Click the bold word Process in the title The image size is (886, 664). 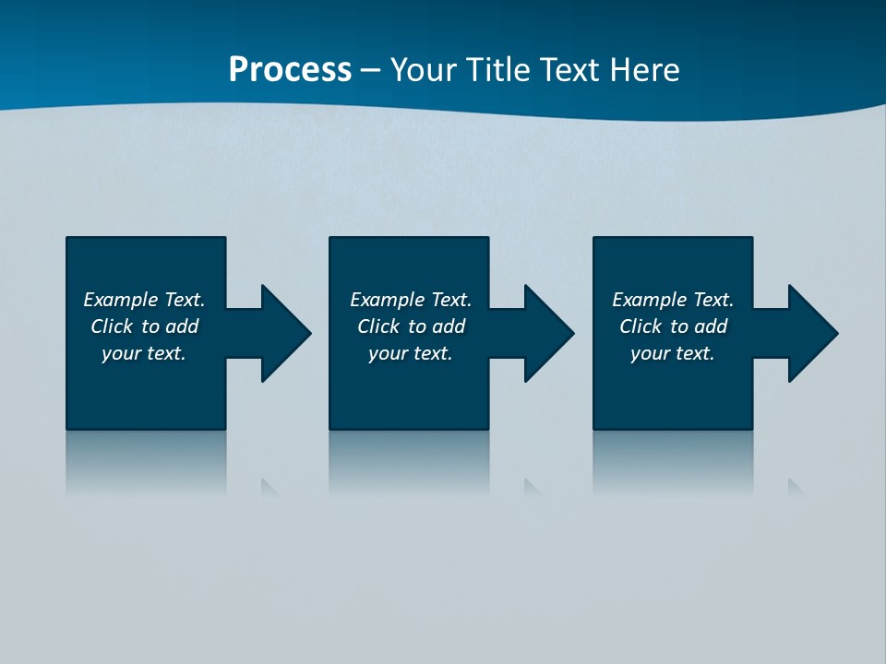point(290,70)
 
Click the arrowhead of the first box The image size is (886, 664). point(284,333)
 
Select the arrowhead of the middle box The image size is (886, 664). point(547,333)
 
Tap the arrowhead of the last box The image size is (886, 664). point(811,333)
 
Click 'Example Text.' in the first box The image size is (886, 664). point(144,300)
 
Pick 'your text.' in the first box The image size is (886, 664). point(144,353)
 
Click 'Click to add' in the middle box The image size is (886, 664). point(411,326)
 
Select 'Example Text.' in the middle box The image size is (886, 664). point(411,300)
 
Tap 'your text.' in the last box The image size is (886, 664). point(673,353)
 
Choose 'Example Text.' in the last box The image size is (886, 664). point(673,300)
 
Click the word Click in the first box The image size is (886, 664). point(112,326)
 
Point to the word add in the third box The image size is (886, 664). point(711,326)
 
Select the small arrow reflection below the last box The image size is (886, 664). point(796,487)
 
